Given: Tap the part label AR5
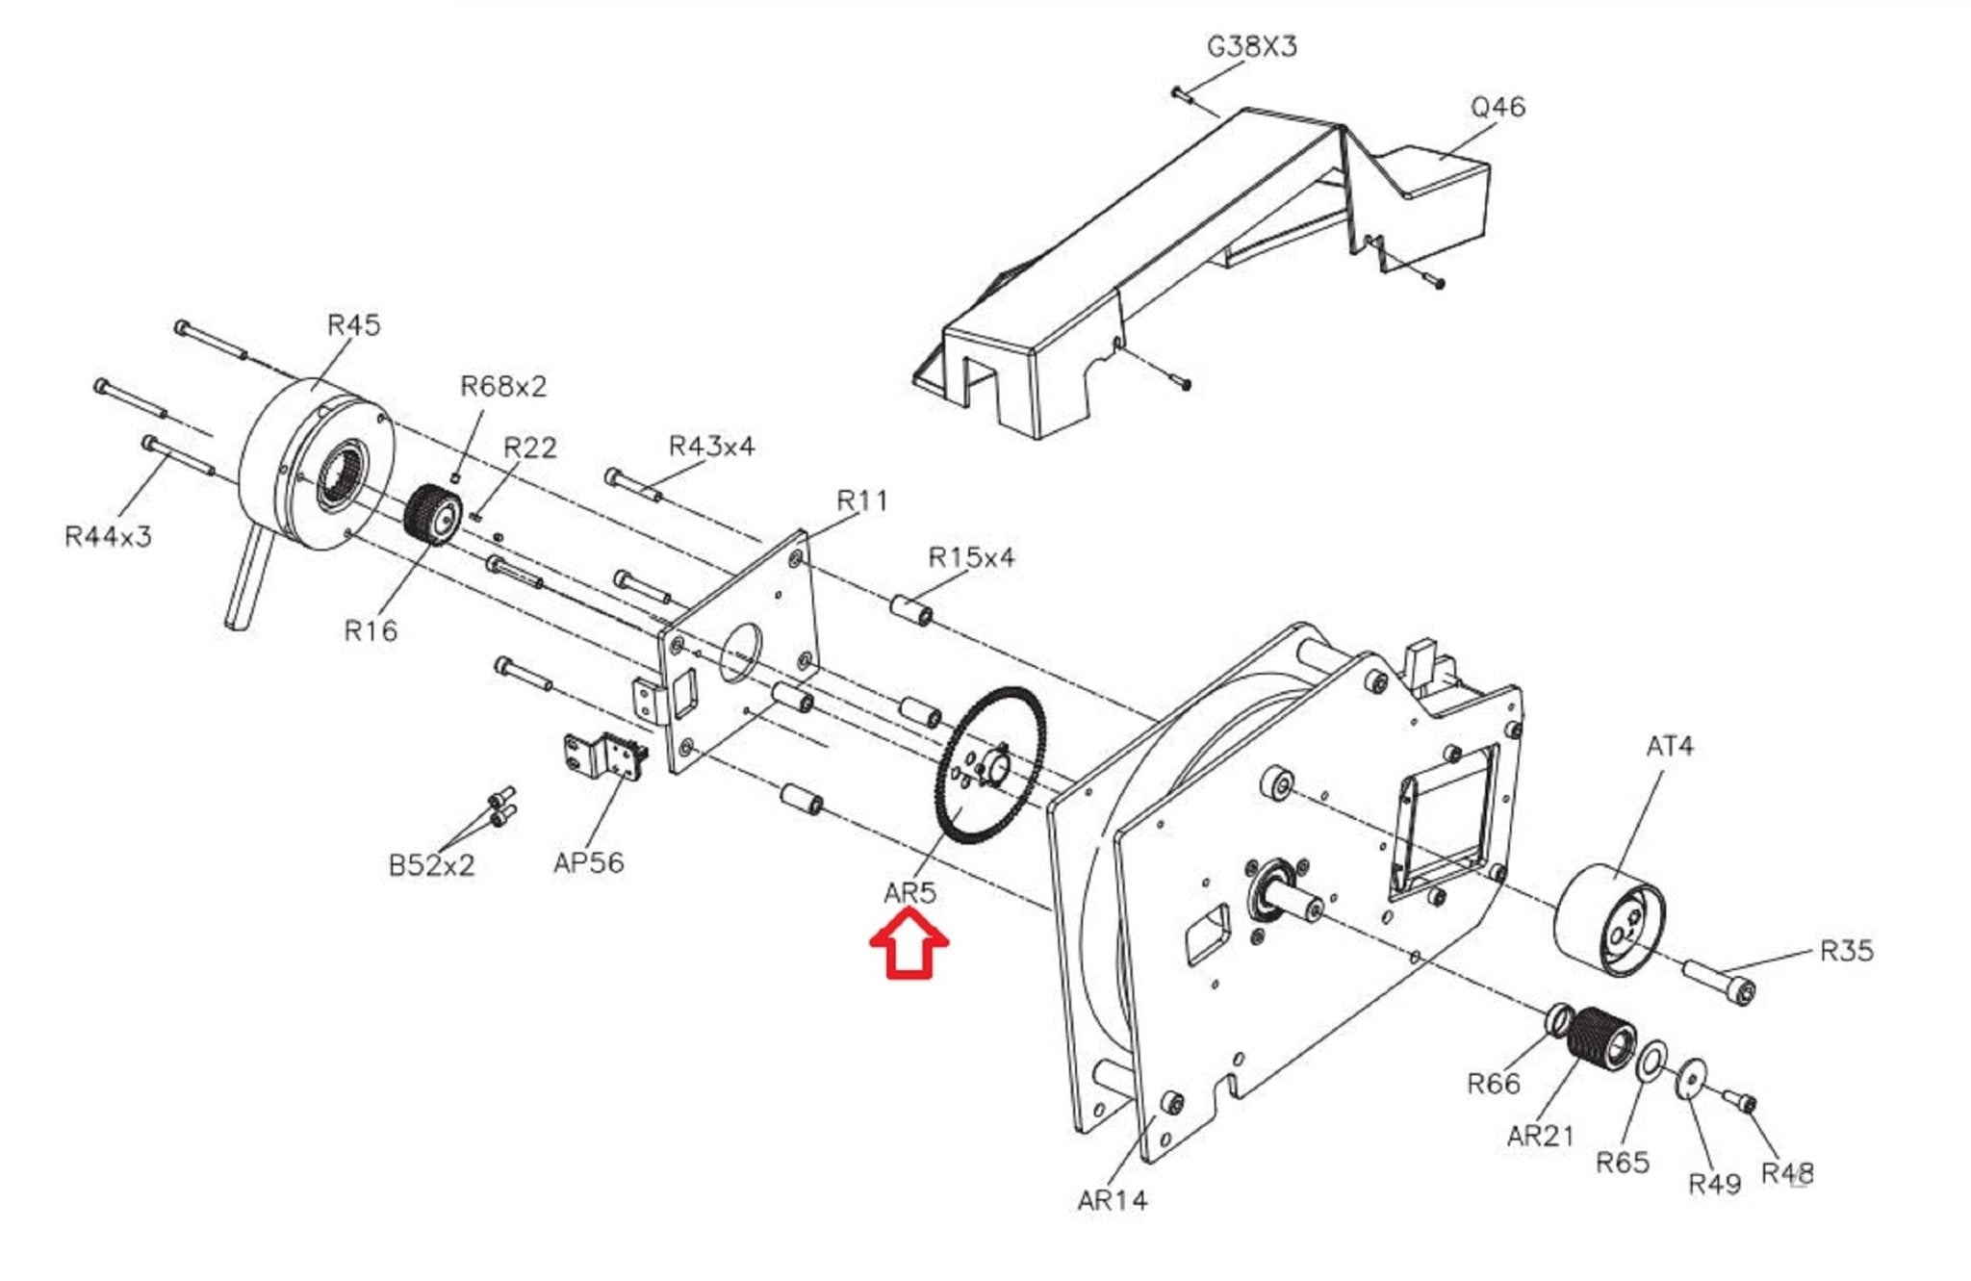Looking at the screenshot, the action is tap(909, 893).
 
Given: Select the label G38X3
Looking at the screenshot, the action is tap(1252, 46).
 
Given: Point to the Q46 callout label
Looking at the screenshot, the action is tap(1497, 107).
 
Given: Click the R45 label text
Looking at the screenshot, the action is tap(353, 324).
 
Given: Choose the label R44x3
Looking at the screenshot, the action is tap(108, 536).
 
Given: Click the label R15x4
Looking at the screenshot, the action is tap(971, 557).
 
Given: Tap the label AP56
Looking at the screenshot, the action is tap(588, 862).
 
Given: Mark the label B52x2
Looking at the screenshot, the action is tap(431, 865).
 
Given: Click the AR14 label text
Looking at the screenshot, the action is tap(1113, 1200).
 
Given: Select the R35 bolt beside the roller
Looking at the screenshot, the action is tap(1720, 981).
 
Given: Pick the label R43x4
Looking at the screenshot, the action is tap(711, 447).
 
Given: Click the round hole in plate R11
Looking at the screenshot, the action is tap(739, 653).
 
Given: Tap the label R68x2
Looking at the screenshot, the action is tap(503, 386).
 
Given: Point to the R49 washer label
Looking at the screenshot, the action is tap(1715, 1183).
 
